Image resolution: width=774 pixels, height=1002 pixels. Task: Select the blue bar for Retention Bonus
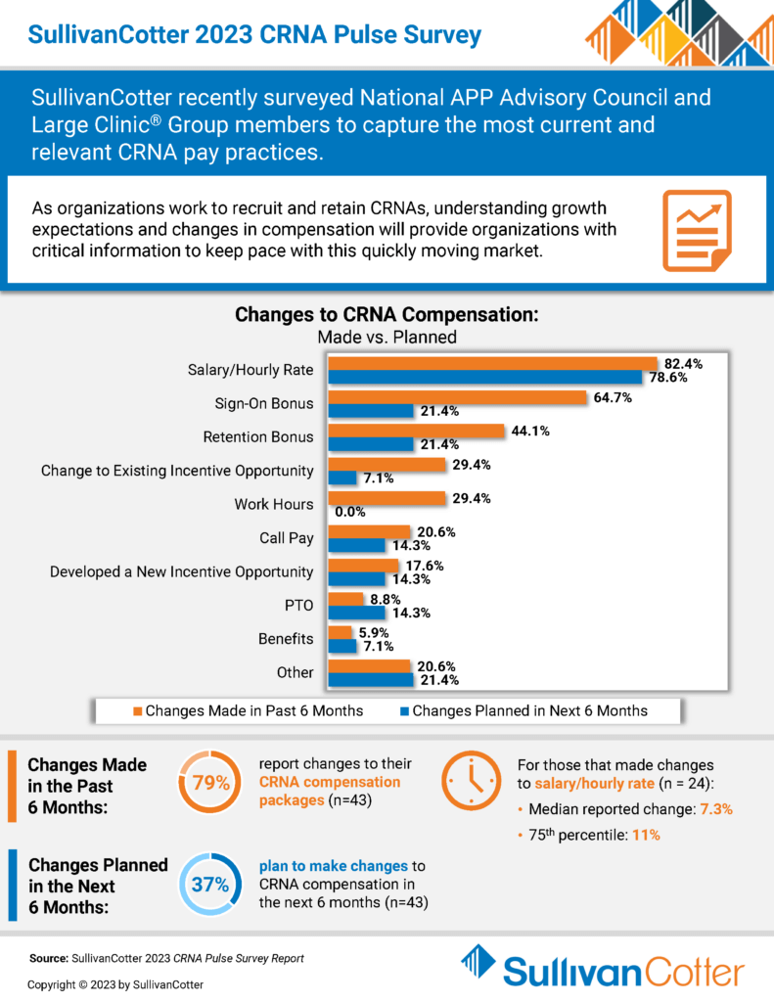371,444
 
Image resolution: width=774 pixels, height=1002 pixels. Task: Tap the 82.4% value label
681,362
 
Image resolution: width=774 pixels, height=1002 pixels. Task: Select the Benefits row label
286,639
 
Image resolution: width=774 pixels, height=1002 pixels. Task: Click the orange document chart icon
697,230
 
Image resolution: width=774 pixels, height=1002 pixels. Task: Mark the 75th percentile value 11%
645,835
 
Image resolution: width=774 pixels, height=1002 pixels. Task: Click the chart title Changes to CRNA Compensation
387,316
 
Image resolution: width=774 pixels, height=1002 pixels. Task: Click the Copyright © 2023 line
116,983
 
